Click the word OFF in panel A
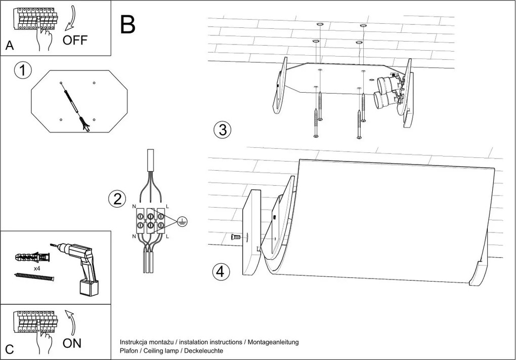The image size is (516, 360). click(75, 41)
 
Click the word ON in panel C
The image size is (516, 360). click(72, 343)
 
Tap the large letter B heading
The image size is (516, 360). click(128, 24)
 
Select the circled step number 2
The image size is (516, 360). click(117, 199)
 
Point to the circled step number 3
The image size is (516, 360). click(222, 130)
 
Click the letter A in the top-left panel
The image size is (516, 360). click(10, 46)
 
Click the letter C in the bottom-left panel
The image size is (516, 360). click(9, 349)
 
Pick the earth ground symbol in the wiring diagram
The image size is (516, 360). click(183, 221)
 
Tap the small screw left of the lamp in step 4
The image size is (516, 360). click(235, 236)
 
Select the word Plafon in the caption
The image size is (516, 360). click(130, 351)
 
